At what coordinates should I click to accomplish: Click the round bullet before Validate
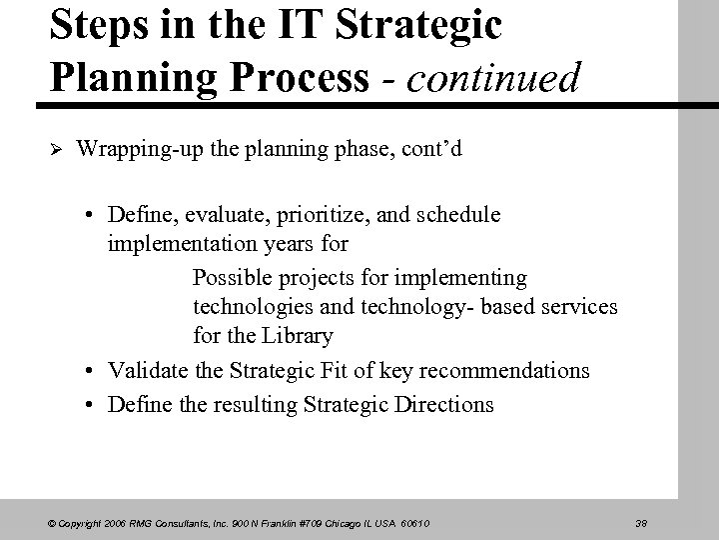[91, 371]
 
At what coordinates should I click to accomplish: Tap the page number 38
[642, 521]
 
